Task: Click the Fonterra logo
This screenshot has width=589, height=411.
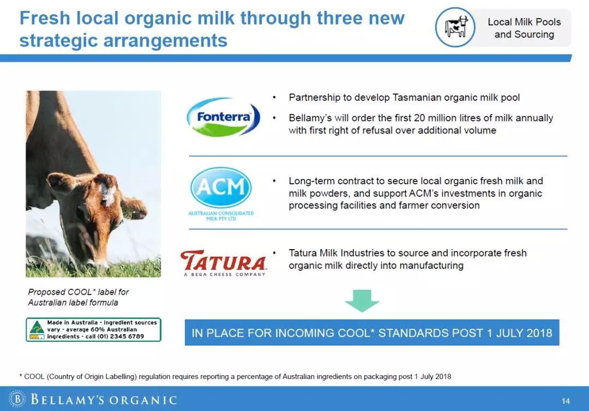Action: pyautogui.click(x=223, y=117)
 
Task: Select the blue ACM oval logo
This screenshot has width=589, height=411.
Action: pyautogui.click(x=221, y=188)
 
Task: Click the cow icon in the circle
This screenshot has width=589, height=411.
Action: pyautogui.click(x=455, y=27)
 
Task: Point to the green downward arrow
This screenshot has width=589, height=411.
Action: pyautogui.click(x=362, y=301)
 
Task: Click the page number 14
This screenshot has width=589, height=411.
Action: pyautogui.click(x=566, y=401)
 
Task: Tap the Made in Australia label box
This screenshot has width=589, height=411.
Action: pyautogui.click(x=94, y=330)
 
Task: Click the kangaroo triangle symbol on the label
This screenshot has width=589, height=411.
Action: pyautogui.click(x=37, y=328)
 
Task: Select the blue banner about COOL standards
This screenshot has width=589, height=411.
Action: pyautogui.click(x=372, y=333)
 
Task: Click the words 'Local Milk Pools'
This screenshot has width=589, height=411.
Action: pyautogui.click(x=524, y=22)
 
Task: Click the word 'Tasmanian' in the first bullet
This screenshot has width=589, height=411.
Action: pyautogui.click(x=417, y=98)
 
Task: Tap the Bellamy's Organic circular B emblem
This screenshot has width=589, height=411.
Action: pyautogui.click(x=17, y=399)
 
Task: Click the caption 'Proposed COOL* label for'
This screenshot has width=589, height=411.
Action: pyautogui.click(x=79, y=292)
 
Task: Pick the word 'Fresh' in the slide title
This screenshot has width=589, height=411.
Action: pyautogui.click(x=45, y=18)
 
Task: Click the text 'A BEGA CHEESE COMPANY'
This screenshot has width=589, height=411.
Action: pyautogui.click(x=225, y=274)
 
